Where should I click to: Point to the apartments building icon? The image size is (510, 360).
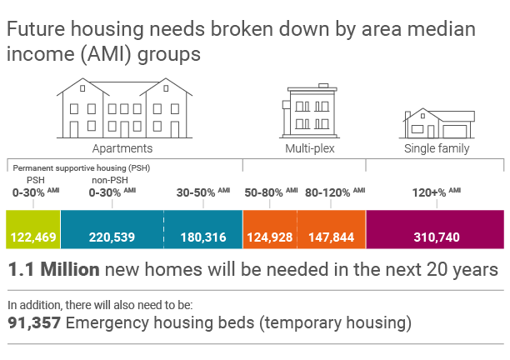coord(122,108)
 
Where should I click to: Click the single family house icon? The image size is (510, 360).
coord(436,123)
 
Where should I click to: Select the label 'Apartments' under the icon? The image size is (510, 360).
coord(122,149)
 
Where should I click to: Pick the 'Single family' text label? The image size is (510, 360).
coord(436,149)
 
